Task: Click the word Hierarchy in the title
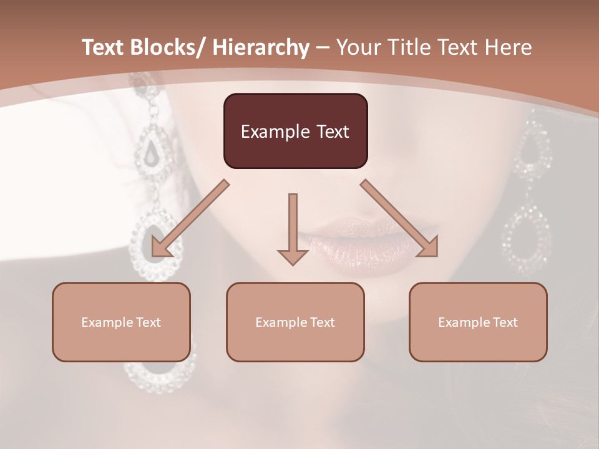coord(260,47)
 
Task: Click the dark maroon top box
coord(295,131)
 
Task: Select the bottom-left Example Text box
coord(121,322)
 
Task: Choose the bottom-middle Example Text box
coord(295,322)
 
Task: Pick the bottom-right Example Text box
coord(478,322)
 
